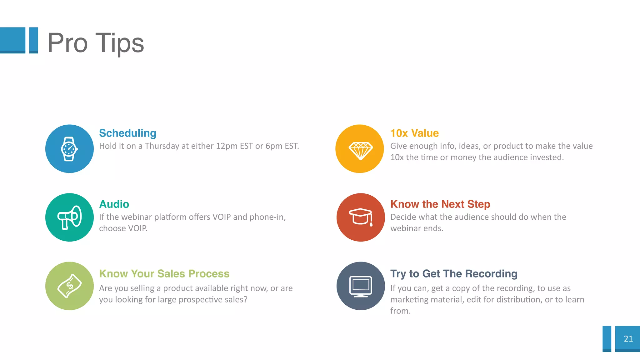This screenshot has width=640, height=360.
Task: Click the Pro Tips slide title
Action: point(96,43)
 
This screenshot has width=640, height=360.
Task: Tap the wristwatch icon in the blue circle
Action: point(69,149)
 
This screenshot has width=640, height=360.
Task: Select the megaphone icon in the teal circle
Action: point(69,217)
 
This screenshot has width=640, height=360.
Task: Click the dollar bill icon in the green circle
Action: point(69,286)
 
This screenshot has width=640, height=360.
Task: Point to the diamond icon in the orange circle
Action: point(360,150)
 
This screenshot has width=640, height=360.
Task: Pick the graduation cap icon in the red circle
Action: point(361,217)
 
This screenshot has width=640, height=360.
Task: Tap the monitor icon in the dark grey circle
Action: point(361,286)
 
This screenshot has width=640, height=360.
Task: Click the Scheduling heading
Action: point(127,133)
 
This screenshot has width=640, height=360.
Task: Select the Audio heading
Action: point(114,204)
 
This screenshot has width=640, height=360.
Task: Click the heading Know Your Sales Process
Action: point(164,273)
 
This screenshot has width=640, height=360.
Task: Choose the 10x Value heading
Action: point(414,133)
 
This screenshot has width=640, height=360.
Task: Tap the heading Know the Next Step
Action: point(440,204)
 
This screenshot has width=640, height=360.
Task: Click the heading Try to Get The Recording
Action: point(454,273)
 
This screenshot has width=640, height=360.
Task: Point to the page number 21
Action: point(628,339)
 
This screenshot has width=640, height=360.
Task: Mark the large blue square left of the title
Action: point(12,40)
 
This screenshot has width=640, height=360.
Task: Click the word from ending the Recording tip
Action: point(400,311)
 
